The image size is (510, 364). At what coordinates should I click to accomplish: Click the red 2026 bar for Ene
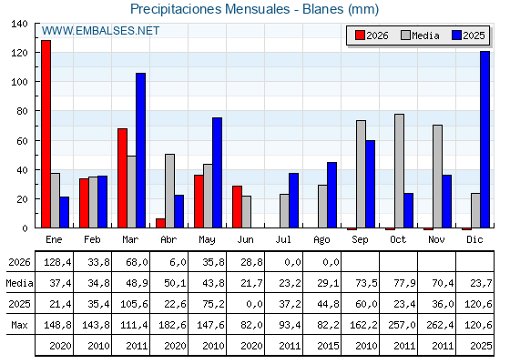(x=46, y=134)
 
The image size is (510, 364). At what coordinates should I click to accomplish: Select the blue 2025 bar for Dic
(x=484, y=139)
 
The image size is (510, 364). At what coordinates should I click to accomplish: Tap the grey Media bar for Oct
(x=399, y=171)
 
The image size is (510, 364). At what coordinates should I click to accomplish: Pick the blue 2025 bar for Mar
(x=140, y=150)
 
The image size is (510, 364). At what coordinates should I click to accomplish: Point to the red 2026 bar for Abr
(x=160, y=223)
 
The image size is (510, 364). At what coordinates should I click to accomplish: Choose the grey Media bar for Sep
(x=361, y=174)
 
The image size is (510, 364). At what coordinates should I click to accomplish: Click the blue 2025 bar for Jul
(x=293, y=200)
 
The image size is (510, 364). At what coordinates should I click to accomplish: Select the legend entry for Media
(x=420, y=35)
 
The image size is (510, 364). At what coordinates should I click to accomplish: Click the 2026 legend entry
(x=372, y=35)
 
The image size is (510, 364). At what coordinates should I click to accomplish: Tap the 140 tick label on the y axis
(x=19, y=24)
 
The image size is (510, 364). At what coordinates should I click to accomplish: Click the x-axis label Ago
(x=321, y=240)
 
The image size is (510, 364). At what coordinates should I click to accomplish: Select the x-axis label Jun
(x=245, y=240)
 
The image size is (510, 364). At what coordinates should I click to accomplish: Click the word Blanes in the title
(x=322, y=9)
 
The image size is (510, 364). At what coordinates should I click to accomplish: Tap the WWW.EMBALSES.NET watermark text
(x=100, y=31)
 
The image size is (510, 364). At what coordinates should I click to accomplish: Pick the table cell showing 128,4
(x=57, y=262)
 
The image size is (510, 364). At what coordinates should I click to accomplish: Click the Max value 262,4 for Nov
(x=440, y=325)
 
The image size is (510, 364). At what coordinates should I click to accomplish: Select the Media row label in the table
(x=19, y=283)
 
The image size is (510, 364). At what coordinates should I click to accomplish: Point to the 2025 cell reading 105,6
(x=134, y=304)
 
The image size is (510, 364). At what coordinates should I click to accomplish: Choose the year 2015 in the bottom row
(x=328, y=346)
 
